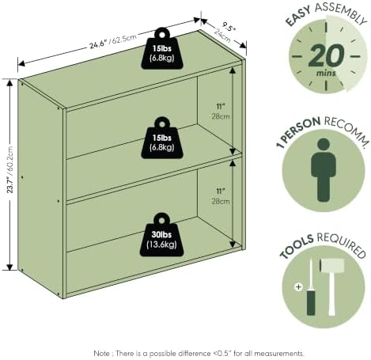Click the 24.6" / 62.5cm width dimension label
[x=113, y=41]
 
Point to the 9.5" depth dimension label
[x=228, y=27]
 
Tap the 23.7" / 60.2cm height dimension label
[x=9, y=169]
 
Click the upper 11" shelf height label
[x=220, y=106]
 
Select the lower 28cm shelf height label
[x=221, y=201]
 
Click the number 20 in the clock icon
[x=326, y=55]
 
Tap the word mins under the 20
[x=326, y=73]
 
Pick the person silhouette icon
[x=324, y=170]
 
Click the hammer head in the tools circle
[x=331, y=266]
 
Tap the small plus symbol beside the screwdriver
[x=298, y=286]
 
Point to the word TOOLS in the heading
[x=297, y=246]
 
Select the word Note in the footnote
[x=101, y=353]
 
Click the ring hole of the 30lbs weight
[x=161, y=220]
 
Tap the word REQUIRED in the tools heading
[x=341, y=244]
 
